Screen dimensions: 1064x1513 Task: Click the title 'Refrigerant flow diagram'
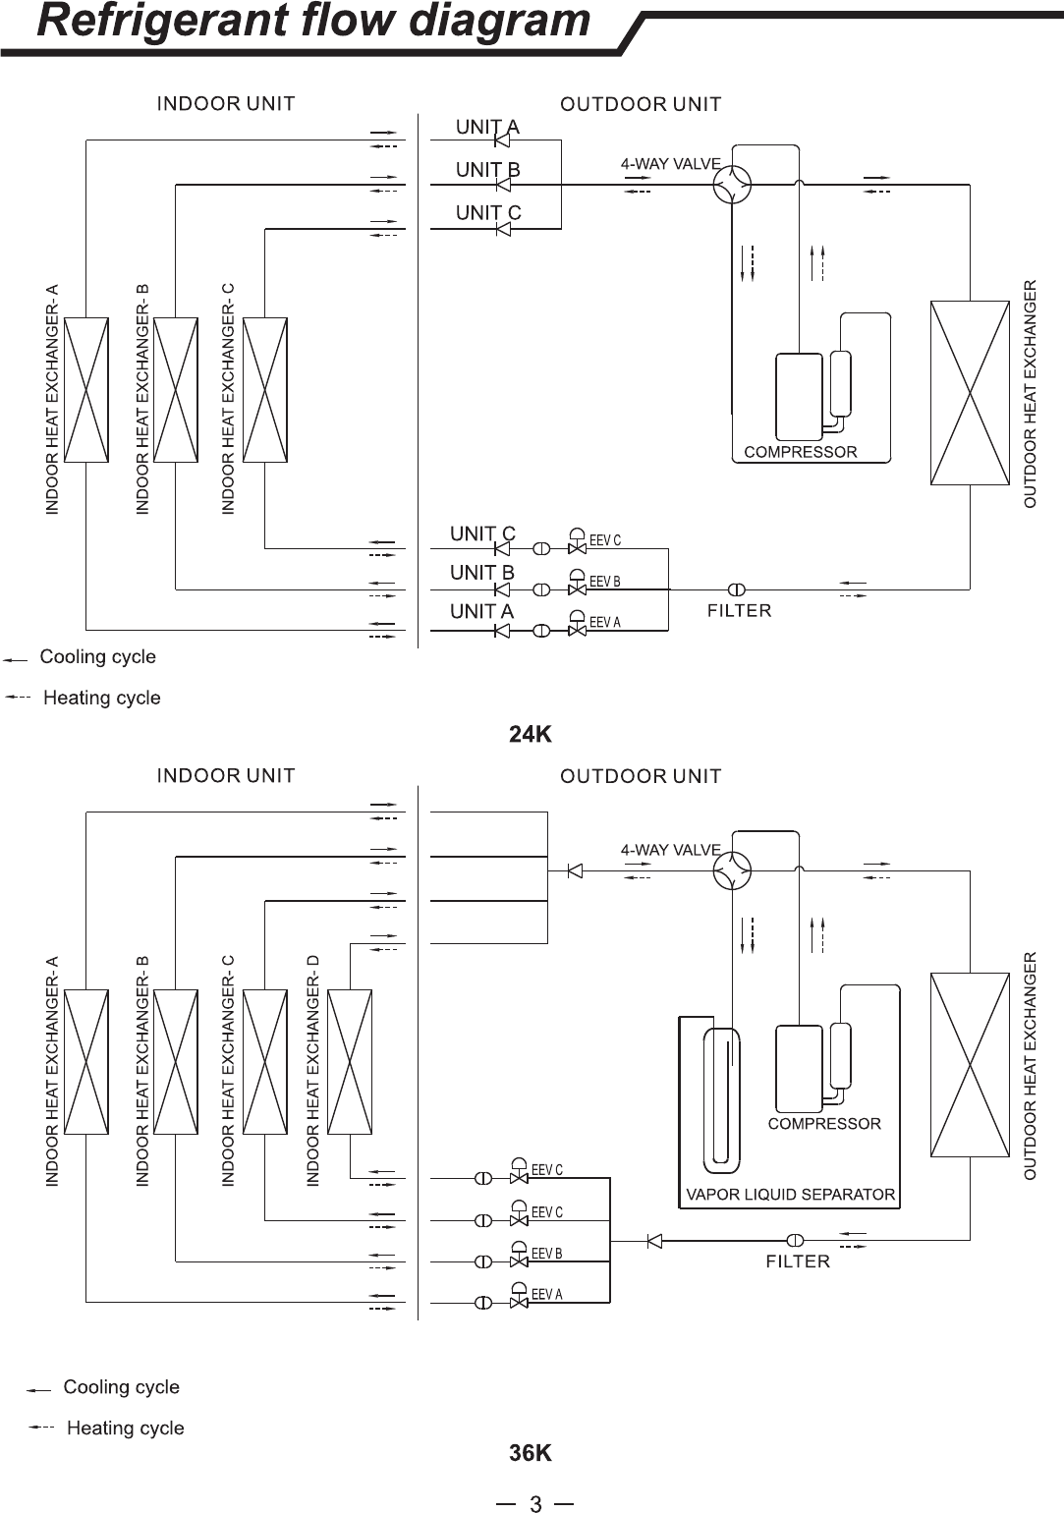coord(313,21)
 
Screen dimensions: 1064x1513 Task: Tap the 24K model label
coord(531,734)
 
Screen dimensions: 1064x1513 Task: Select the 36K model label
coord(531,1452)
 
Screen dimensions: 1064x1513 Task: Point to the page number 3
coord(535,1503)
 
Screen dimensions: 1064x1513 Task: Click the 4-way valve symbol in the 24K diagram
coord(732,185)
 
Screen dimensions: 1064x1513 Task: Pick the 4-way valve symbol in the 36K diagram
coord(732,870)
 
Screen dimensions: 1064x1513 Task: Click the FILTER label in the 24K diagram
coord(739,611)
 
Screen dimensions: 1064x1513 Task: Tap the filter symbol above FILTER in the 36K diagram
coord(795,1240)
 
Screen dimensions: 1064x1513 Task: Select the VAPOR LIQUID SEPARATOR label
coord(791,1195)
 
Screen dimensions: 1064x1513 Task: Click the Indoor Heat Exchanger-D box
coord(350,1062)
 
